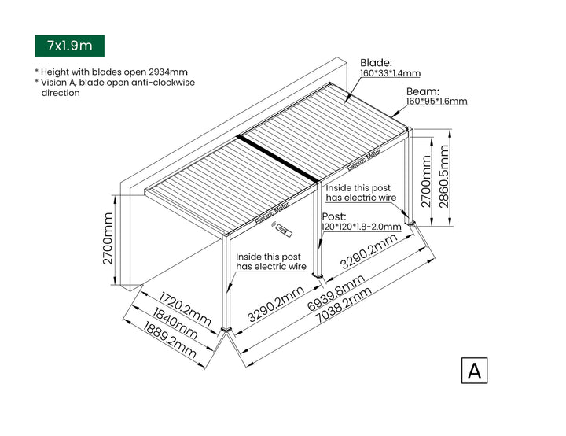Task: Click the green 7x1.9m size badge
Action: point(69,46)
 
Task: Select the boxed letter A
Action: point(474,371)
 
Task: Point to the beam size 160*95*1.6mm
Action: point(436,102)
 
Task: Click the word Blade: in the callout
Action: point(376,62)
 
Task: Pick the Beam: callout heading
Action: point(422,91)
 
